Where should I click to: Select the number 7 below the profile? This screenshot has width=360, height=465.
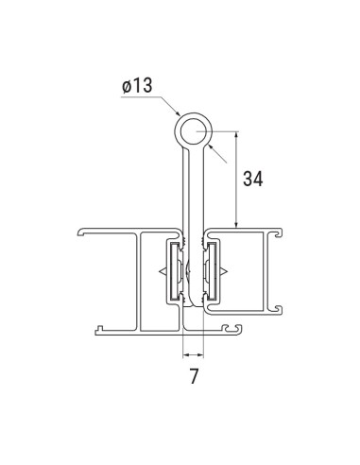[x=194, y=377]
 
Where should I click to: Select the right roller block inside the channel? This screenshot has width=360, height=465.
[x=213, y=272]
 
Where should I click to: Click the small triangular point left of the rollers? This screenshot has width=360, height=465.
[x=161, y=273]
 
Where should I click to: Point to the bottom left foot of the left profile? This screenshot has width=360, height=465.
[x=98, y=331]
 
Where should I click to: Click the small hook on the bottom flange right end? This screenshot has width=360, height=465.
[x=236, y=330]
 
